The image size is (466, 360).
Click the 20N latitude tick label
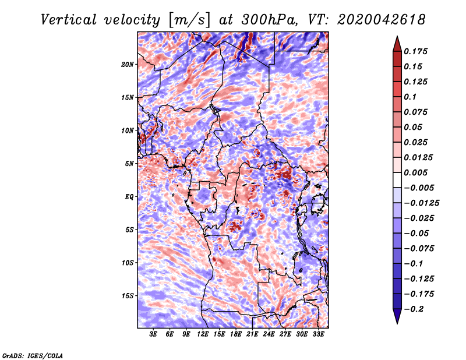coord(128,64)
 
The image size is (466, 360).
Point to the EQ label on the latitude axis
coord(129,197)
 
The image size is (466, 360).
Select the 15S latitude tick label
coord(128,296)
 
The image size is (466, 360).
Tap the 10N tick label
coord(128,130)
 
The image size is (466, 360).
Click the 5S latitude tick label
coord(129,230)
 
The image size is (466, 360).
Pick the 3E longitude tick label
coord(154,335)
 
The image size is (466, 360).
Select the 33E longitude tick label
coord(319,335)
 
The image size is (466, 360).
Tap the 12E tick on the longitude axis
coord(203,335)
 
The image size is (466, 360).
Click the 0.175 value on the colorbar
coord(417,51)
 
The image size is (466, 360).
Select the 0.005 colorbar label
coord(417,172)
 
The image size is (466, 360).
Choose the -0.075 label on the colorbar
coord(420,248)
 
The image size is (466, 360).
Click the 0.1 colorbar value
coord(411,97)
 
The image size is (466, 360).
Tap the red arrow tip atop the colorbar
coord(397,39)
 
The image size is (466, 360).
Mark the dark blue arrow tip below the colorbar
coord(397,320)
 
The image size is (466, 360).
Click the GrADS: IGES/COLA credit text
coord(32,354)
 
